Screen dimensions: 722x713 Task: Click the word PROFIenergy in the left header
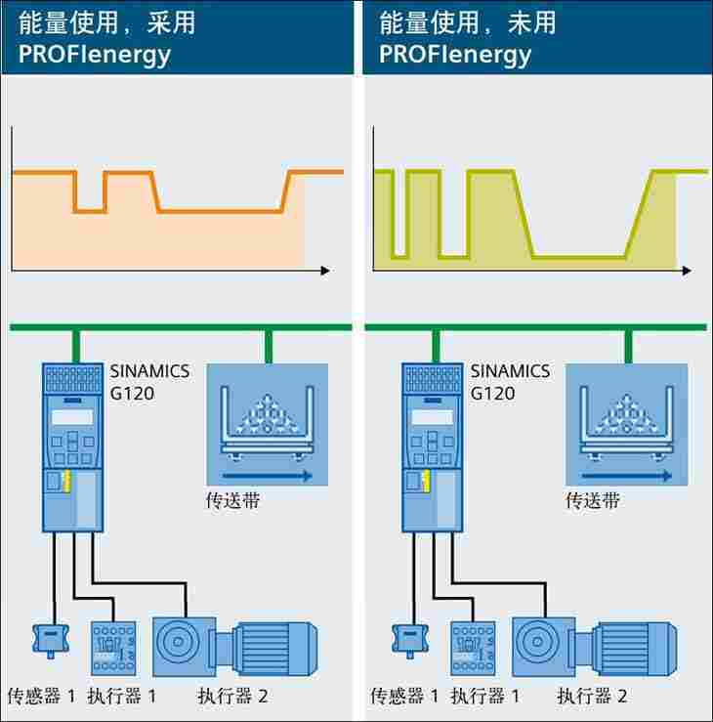coord(94,54)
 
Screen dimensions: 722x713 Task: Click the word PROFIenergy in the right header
coord(455,54)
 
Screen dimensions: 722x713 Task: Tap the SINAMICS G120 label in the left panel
coord(149,383)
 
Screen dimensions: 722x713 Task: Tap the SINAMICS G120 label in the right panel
coord(510,383)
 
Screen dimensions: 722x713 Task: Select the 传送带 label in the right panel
coord(593,501)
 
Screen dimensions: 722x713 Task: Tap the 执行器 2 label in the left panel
coord(232,696)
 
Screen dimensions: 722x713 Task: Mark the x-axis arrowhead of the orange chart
coord(325,270)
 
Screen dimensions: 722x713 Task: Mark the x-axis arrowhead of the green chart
coord(688,270)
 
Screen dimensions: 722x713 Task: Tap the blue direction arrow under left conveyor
coord(267,476)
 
